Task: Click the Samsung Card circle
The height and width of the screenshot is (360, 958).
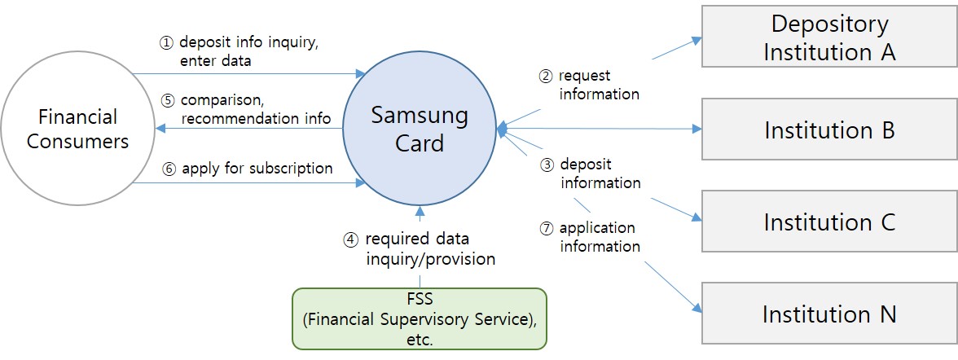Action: tap(420, 130)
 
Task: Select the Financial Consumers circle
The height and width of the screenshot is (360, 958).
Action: tap(77, 129)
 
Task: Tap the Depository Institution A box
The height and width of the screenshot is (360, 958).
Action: tap(829, 37)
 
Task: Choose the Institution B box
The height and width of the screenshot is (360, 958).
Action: tap(829, 130)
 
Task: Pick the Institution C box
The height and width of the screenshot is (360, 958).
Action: tap(829, 222)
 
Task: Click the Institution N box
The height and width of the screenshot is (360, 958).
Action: tap(829, 314)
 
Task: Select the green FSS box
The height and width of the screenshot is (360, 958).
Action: tap(420, 318)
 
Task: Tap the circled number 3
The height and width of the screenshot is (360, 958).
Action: tap(547, 165)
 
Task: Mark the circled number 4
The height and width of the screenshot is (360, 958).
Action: tap(350, 240)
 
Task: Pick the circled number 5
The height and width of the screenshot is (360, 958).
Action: tap(168, 102)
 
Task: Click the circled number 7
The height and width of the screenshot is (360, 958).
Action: tap(547, 229)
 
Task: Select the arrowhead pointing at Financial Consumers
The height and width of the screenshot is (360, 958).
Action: tap(160, 129)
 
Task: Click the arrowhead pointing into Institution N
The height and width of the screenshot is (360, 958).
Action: tap(697, 309)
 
